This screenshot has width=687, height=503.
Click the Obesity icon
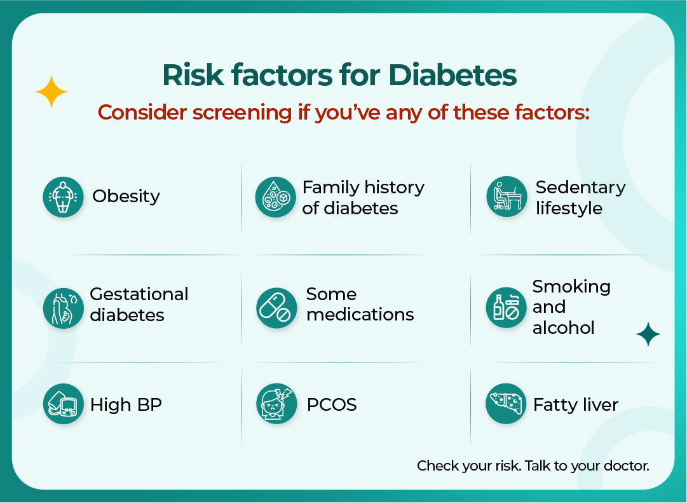[x=63, y=197]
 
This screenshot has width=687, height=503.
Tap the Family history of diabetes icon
[x=276, y=197]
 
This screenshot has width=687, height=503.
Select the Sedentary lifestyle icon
[x=507, y=197]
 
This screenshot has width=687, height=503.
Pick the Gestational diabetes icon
[x=63, y=308]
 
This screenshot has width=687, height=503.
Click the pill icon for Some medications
[x=276, y=308]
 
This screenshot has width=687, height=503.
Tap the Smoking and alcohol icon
[x=507, y=308]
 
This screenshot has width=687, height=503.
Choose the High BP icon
[x=63, y=404]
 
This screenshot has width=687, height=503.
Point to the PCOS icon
[x=276, y=404]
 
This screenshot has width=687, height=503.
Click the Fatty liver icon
[x=507, y=404]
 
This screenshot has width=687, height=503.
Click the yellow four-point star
[x=51, y=93]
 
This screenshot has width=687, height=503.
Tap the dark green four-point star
[x=648, y=334]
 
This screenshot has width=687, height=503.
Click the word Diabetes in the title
[x=452, y=75]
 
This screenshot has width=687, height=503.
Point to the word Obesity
[x=126, y=196]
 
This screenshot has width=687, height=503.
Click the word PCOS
[x=331, y=405]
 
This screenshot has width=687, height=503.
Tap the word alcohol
[x=563, y=328]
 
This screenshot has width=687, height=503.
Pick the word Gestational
[x=139, y=294]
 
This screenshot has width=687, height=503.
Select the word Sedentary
[x=580, y=188]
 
